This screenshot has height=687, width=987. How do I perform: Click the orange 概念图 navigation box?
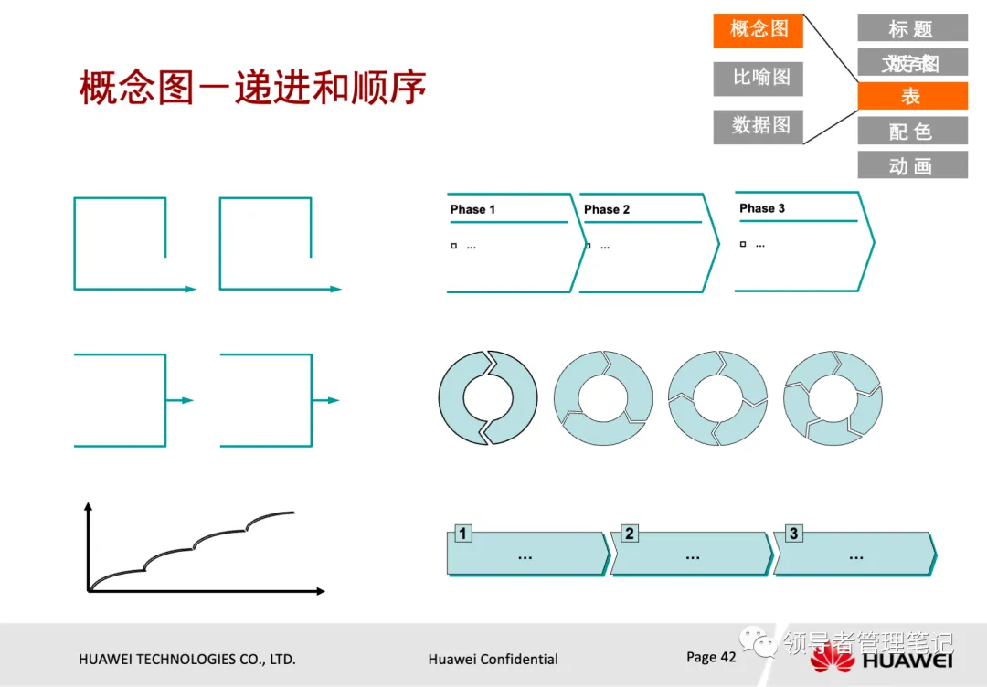point(758,30)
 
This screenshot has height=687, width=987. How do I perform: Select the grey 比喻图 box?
point(758,79)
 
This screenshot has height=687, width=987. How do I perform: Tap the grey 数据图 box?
point(758,126)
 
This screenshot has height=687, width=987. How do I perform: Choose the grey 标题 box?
point(911,28)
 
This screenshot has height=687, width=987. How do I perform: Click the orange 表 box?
point(911,97)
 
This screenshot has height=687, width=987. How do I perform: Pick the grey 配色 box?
point(911,132)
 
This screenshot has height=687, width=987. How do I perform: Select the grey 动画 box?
point(911,166)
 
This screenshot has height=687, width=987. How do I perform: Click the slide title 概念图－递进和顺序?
point(253,90)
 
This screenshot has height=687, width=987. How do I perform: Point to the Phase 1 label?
point(472,209)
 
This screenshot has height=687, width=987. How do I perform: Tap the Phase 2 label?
point(607,209)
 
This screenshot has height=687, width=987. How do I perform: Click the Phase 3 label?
point(762,208)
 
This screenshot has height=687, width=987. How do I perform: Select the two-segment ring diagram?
point(488,397)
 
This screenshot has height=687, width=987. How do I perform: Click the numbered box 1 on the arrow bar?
point(463,534)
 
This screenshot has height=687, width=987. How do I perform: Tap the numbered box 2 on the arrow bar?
point(629,534)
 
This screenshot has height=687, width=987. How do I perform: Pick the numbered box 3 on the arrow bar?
point(793,534)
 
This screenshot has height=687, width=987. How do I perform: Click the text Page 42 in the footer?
point(711,657)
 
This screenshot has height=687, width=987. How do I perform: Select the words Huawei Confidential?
point(493,659)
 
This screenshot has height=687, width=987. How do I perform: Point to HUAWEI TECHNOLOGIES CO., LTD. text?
point(187,659)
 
